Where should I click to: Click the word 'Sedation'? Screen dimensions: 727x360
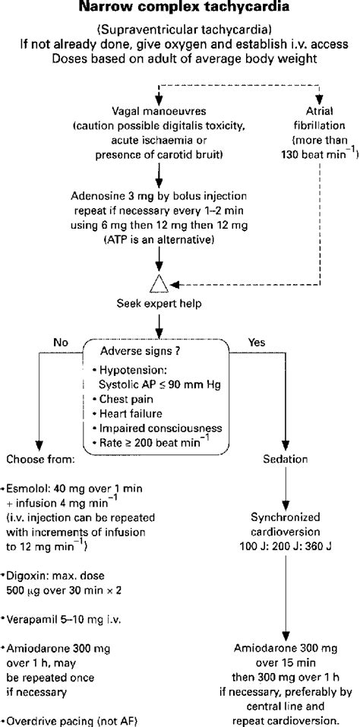pos(286,460)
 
